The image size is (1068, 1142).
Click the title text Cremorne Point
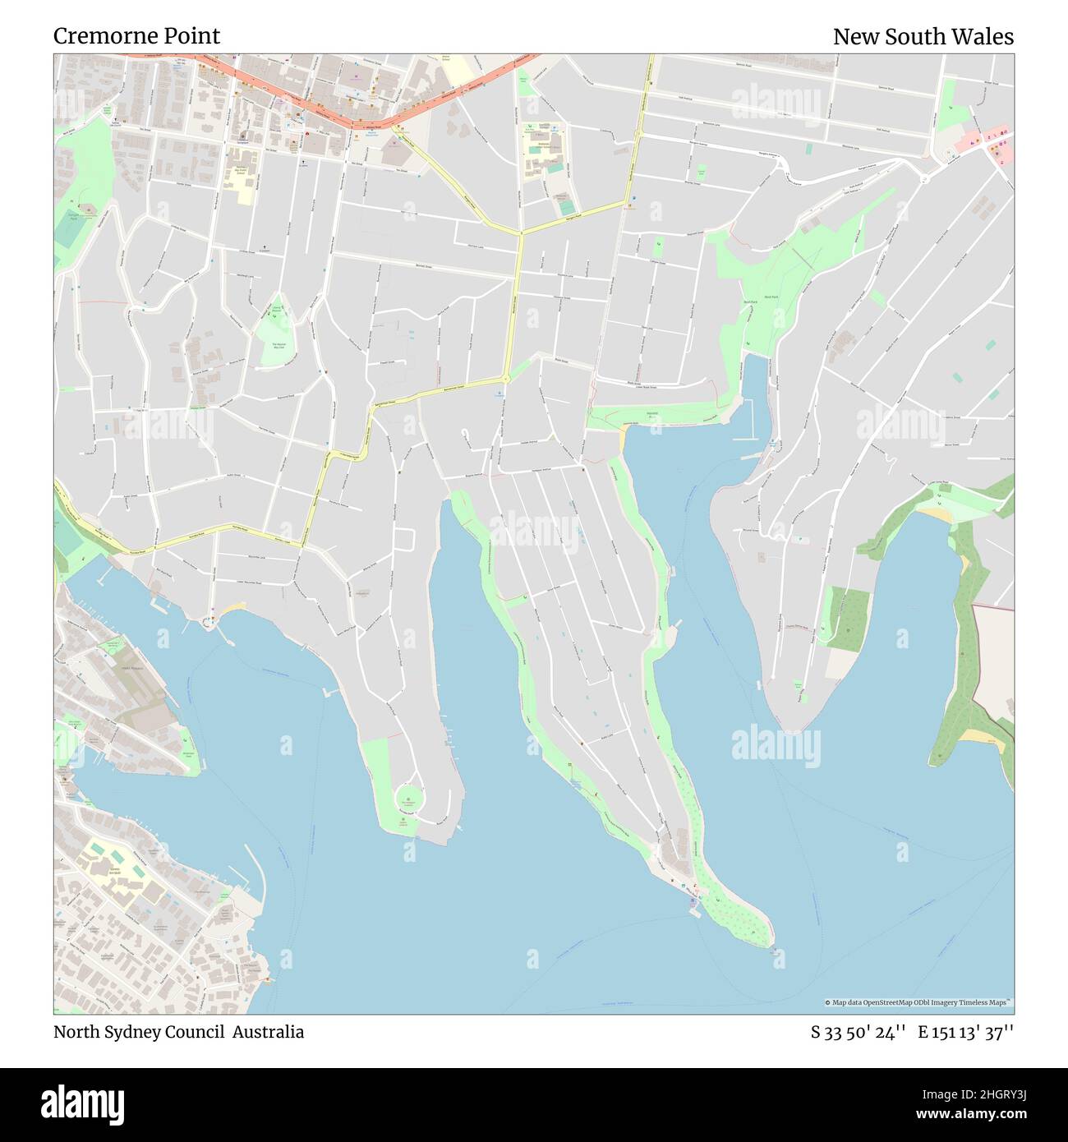136,36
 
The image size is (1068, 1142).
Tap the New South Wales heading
923,37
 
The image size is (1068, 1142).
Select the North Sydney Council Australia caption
178,1032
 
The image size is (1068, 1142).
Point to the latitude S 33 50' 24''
859,1033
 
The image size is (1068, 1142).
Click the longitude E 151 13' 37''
966,1033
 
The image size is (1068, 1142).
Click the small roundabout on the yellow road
506,378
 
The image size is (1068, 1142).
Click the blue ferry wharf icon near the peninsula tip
692,902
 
